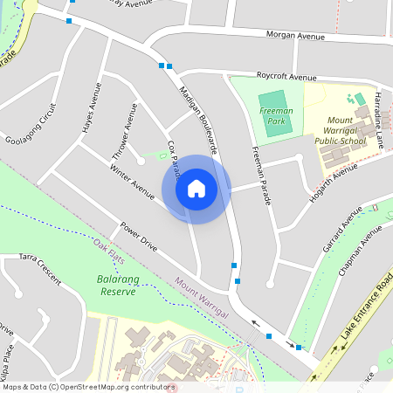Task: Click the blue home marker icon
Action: pyautogui.click(x=196, y=189)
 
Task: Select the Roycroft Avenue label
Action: pyautogui.click(x=286, y=77)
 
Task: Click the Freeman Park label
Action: pyautogui.click(x=276, y=116)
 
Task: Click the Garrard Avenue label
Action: pyautogui.click(x=342, y=231)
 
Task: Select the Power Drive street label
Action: pyautogui.click(x=139, y=237)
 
